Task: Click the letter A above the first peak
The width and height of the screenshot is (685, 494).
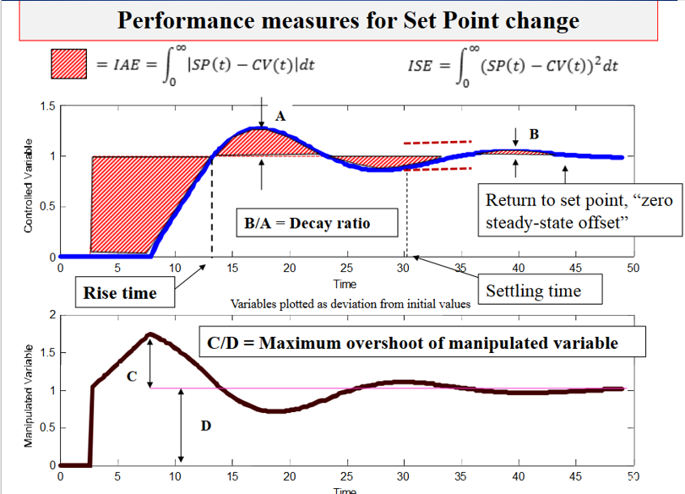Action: (x=281, y=119)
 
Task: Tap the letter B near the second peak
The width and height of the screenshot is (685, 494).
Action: (x=533, y=134)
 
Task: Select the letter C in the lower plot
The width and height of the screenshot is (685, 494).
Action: (x=133, y=376)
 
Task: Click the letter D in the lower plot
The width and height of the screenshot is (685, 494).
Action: (x=205, y=426)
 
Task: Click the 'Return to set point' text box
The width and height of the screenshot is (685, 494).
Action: (x=578, y=212)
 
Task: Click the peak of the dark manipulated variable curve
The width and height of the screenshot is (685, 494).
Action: (x=150, y=334)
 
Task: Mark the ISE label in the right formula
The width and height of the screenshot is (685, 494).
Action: (x=421, y=65)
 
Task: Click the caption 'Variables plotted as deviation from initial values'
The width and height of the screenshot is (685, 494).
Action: (x=351, y=303)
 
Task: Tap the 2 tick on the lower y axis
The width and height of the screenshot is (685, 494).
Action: (x=52, y=315)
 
